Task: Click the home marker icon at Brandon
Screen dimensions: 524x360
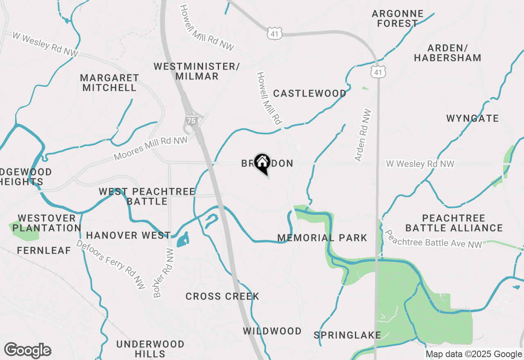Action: click(262, 163)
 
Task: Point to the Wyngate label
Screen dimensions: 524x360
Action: click(472, 119)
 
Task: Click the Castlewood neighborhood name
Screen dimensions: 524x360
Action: click(309, 94)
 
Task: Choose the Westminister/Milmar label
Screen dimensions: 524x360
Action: click(196, 71)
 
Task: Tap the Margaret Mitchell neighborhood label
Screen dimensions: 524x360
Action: click(109, 83)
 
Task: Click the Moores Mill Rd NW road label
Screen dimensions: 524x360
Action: click(150, 148)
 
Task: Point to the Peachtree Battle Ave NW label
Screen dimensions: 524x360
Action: click(433, 239)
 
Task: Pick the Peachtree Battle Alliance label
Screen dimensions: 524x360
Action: click(454, 223)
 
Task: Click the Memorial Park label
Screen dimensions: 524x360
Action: click(322, 238)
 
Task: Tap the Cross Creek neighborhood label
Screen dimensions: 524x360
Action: click(222, 296)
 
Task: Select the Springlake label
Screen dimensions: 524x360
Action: click(347, 335)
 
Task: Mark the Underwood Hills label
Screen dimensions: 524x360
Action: click(150, 349)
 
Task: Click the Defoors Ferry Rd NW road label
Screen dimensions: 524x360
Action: click(111, 264)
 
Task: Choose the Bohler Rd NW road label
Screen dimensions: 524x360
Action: click(163, 273)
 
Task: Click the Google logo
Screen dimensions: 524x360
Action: click(27, 350)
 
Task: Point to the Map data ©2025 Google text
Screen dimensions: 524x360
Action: click(474, 354)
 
